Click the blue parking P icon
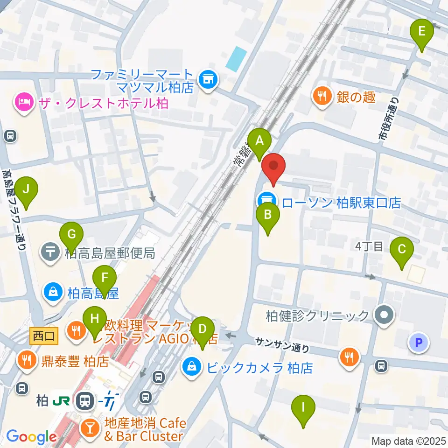click(x=418, y=343)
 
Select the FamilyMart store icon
click(x=206, y=79)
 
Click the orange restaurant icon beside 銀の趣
click(x=322, y=97)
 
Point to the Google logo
click(x=31, y=437)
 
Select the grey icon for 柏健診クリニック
click(x=384, y=315)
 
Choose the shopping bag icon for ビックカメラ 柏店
click(x=192, y=367)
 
